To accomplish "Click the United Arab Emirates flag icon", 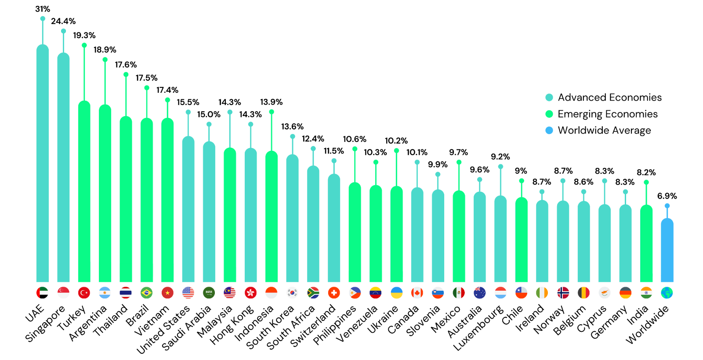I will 42,293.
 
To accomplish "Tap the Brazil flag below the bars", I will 146,293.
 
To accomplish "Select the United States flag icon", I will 188,293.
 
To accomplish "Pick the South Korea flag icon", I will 292,293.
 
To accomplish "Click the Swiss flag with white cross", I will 334,293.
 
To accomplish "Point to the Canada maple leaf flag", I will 417,293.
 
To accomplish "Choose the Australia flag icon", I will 479,293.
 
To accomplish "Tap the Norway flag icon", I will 563,293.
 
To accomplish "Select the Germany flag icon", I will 625,293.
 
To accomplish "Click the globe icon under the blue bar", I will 667,293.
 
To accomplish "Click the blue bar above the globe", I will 667,251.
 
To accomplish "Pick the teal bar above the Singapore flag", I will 63,167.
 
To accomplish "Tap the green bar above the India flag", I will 646,244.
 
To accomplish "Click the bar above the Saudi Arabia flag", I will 209,211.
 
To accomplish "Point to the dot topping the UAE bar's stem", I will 43,18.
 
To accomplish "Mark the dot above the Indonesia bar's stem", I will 272,112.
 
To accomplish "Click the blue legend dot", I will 549,130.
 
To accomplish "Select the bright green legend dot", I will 549,114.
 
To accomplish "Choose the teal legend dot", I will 549,97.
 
